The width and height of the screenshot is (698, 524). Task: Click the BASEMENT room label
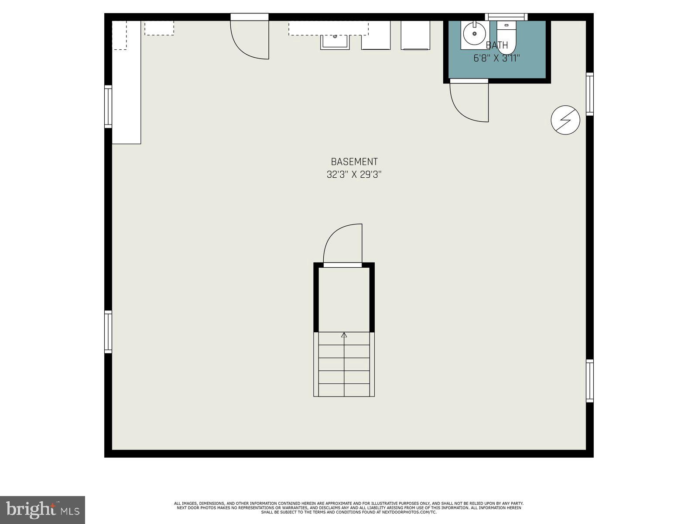[354, 162]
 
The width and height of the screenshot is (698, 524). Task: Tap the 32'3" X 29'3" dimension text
[354, 175]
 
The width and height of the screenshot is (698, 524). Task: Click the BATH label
[496, 45]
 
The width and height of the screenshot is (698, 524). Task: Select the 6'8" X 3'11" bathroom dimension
[496, 58]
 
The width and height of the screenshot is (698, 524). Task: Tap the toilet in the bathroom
[506, 37]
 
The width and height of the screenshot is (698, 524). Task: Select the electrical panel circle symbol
[565, 120]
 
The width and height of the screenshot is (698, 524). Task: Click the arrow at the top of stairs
[344, 335]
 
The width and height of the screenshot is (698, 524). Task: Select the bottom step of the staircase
[344, 390]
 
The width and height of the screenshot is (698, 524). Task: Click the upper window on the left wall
[108, 107]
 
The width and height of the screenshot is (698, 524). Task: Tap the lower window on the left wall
[108, 331]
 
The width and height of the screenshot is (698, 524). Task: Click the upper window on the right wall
[590, 94]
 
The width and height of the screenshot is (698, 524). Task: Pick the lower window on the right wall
[590, 380]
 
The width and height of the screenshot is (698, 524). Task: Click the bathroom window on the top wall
[506, 17]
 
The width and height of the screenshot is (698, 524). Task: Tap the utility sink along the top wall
[335, 42]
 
